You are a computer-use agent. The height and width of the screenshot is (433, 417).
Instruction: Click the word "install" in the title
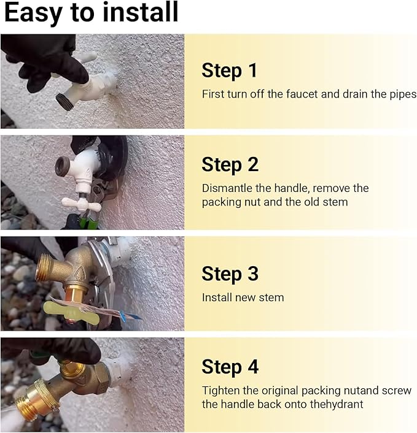[x=141, y=12]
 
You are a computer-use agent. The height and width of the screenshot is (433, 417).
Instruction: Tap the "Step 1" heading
[x=229, y=71]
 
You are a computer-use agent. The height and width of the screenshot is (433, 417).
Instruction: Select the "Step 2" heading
[x=230, y=164]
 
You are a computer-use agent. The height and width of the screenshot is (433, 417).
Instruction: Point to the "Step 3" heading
[x=230, y=274]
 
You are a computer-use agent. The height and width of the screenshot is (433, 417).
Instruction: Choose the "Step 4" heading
[x=230, y=367]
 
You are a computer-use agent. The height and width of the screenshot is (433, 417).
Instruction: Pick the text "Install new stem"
[x=243, y=297]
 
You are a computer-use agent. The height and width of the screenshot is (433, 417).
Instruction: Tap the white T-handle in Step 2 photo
[x=81, y=205]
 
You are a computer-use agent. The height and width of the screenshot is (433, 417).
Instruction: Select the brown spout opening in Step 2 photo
[x=61, y=166]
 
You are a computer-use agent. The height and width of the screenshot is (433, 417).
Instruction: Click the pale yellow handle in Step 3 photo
[x=71, y=313]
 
